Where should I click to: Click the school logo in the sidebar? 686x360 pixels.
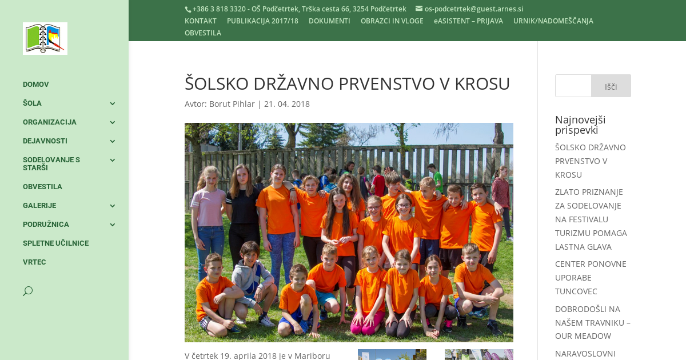pos(45,39)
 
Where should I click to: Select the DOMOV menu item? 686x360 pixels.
pos(36,85)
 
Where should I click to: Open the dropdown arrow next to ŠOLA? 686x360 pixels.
pos(112,103)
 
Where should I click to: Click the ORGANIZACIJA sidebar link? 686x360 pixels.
pos(50,122)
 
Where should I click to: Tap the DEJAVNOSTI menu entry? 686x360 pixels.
pos(45,141)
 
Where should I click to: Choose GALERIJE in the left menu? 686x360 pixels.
pos(39,206)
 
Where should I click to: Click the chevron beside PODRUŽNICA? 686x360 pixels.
pos(112,225)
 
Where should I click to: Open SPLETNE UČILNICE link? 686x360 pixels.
pos(55,243)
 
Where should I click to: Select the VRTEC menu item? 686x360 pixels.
pos(34,262)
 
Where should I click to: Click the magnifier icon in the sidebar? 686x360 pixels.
pos(27,291)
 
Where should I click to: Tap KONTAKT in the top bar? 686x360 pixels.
pos(201,21)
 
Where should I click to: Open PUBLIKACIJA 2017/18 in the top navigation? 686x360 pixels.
pos(262,21)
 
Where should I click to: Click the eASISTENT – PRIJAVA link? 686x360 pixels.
pos(468,21)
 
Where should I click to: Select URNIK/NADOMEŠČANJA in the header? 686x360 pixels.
pos(553,21)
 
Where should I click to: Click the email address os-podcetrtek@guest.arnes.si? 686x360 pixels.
pos(473,9)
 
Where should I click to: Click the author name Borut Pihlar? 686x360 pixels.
pos(232,104)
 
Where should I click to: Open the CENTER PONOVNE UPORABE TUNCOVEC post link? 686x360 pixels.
pos(591,278)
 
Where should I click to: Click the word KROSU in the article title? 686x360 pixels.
pos(482,84)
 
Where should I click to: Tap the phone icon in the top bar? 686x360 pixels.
pos(188,9)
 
